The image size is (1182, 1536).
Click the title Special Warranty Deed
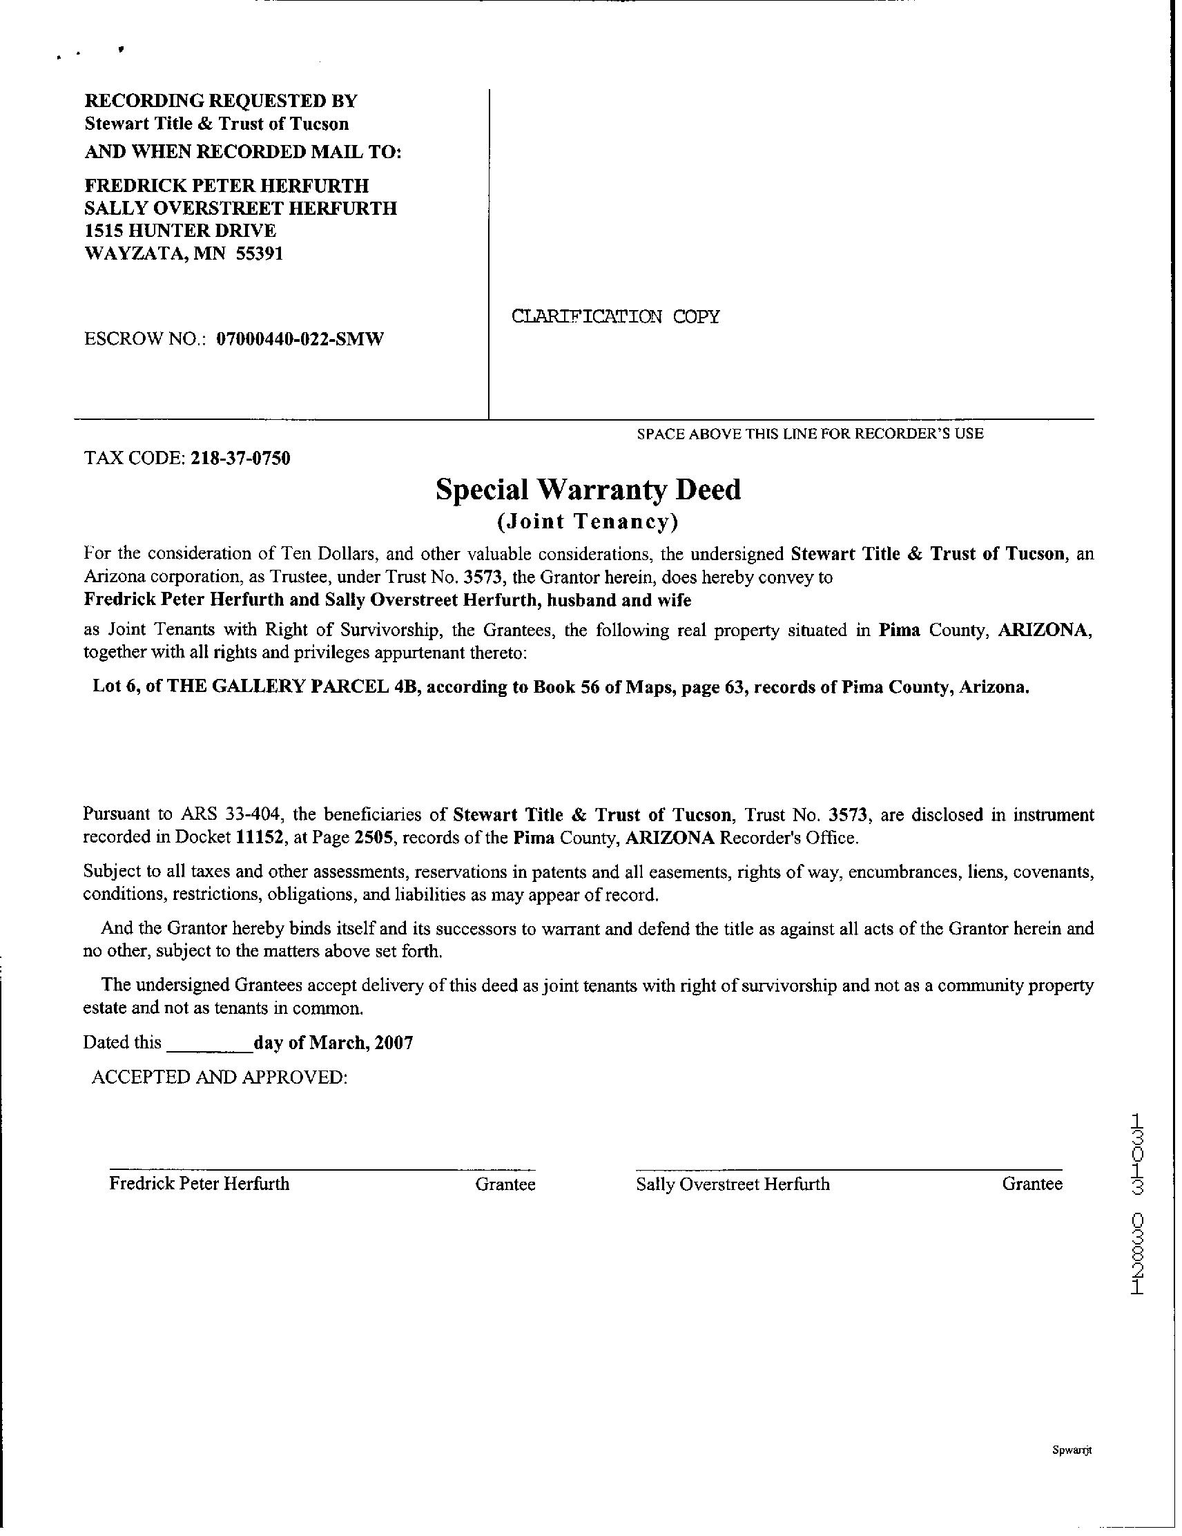tap(588, 490)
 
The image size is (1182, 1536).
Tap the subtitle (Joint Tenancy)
tap(588, 522)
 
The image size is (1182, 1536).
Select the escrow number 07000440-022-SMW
tap(300, 340)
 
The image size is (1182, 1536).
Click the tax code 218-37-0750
tap(240, 459)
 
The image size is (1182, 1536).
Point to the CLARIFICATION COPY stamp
tap(615, 316)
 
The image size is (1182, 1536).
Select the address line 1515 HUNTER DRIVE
tap(180, 231)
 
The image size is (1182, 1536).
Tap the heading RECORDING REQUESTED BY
tap(221, 101)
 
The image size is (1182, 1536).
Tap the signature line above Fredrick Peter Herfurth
tap(321, 1169)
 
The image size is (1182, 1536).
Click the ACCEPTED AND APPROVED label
tap(220, 1077)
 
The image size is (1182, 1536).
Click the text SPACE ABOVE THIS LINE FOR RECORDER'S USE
tap(810, 434)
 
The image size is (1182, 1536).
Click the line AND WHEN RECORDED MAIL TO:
tap(242, 152)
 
